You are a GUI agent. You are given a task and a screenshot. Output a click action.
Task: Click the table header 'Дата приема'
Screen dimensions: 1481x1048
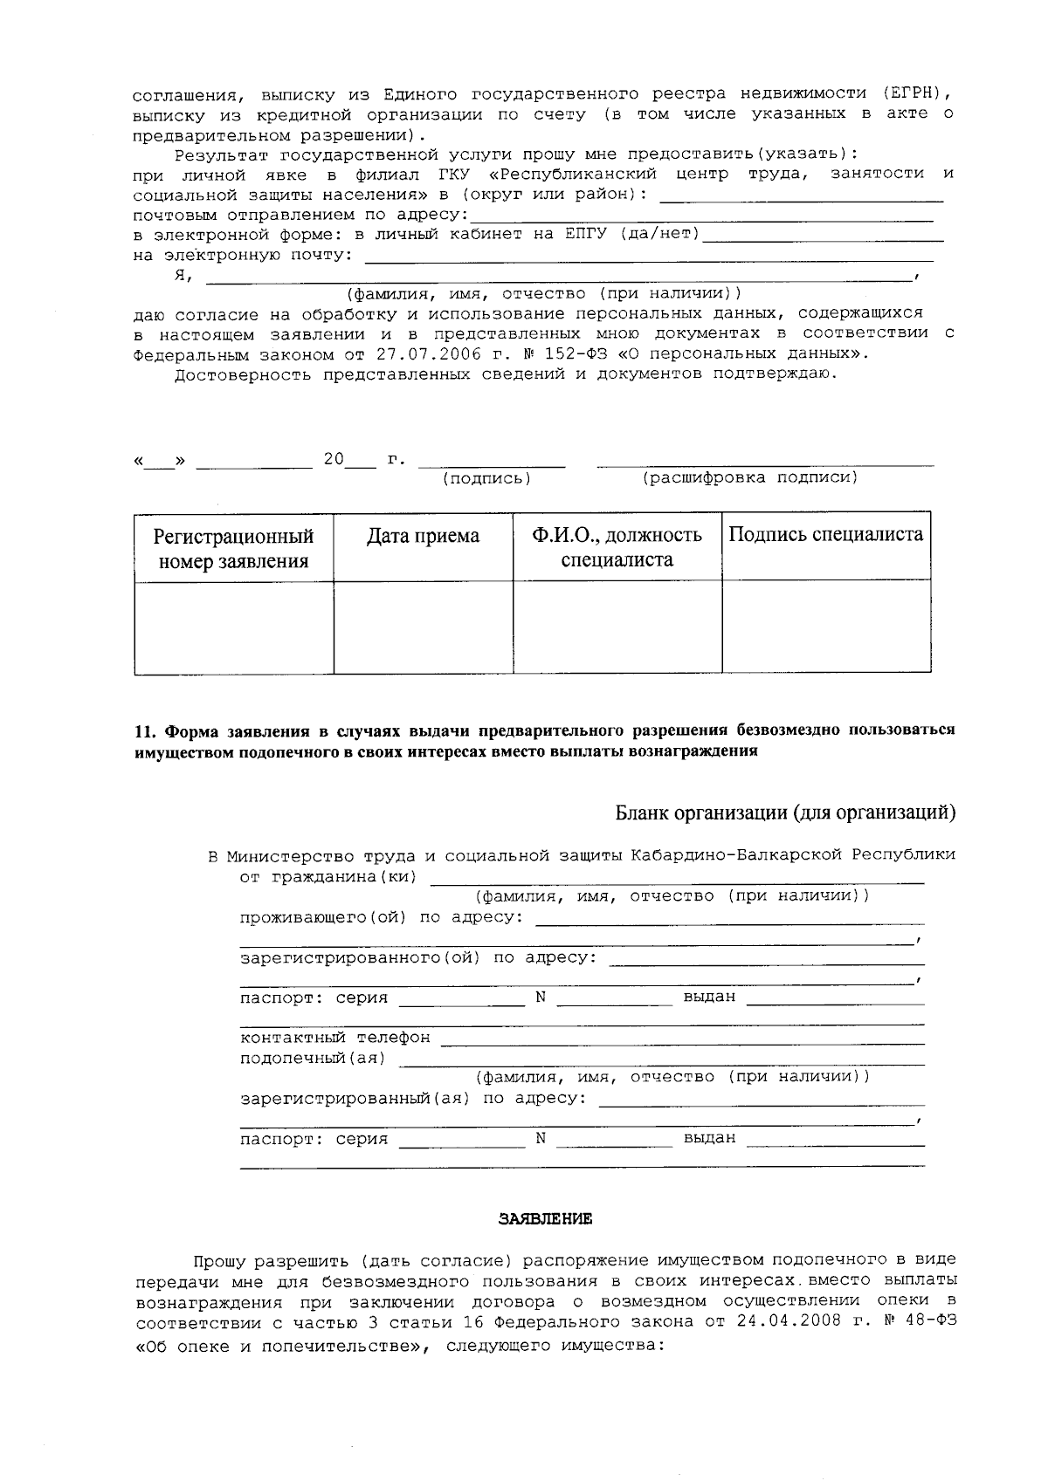coord(423,536)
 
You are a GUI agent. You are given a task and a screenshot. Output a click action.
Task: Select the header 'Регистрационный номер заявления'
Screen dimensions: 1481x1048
coord(233,548)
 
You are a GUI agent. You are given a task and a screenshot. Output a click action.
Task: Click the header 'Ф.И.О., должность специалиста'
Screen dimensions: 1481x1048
coord(617,547)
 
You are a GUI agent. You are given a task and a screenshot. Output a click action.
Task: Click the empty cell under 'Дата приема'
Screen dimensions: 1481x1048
coord(423,627)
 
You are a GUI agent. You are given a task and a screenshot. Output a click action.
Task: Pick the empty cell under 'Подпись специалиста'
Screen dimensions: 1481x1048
coord(825,627)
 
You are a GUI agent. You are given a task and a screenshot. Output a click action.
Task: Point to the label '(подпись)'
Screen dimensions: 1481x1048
coord(486,478)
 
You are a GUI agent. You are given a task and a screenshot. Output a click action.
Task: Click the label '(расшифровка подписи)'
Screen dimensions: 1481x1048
coord(750,477)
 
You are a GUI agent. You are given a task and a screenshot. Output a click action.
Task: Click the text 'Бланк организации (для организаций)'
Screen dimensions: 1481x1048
coord(785,812)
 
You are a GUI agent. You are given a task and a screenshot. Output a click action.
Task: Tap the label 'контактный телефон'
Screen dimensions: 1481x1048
coord(334,1038)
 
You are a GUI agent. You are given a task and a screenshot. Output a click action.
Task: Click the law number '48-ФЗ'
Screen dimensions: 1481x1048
coord(932,1321)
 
